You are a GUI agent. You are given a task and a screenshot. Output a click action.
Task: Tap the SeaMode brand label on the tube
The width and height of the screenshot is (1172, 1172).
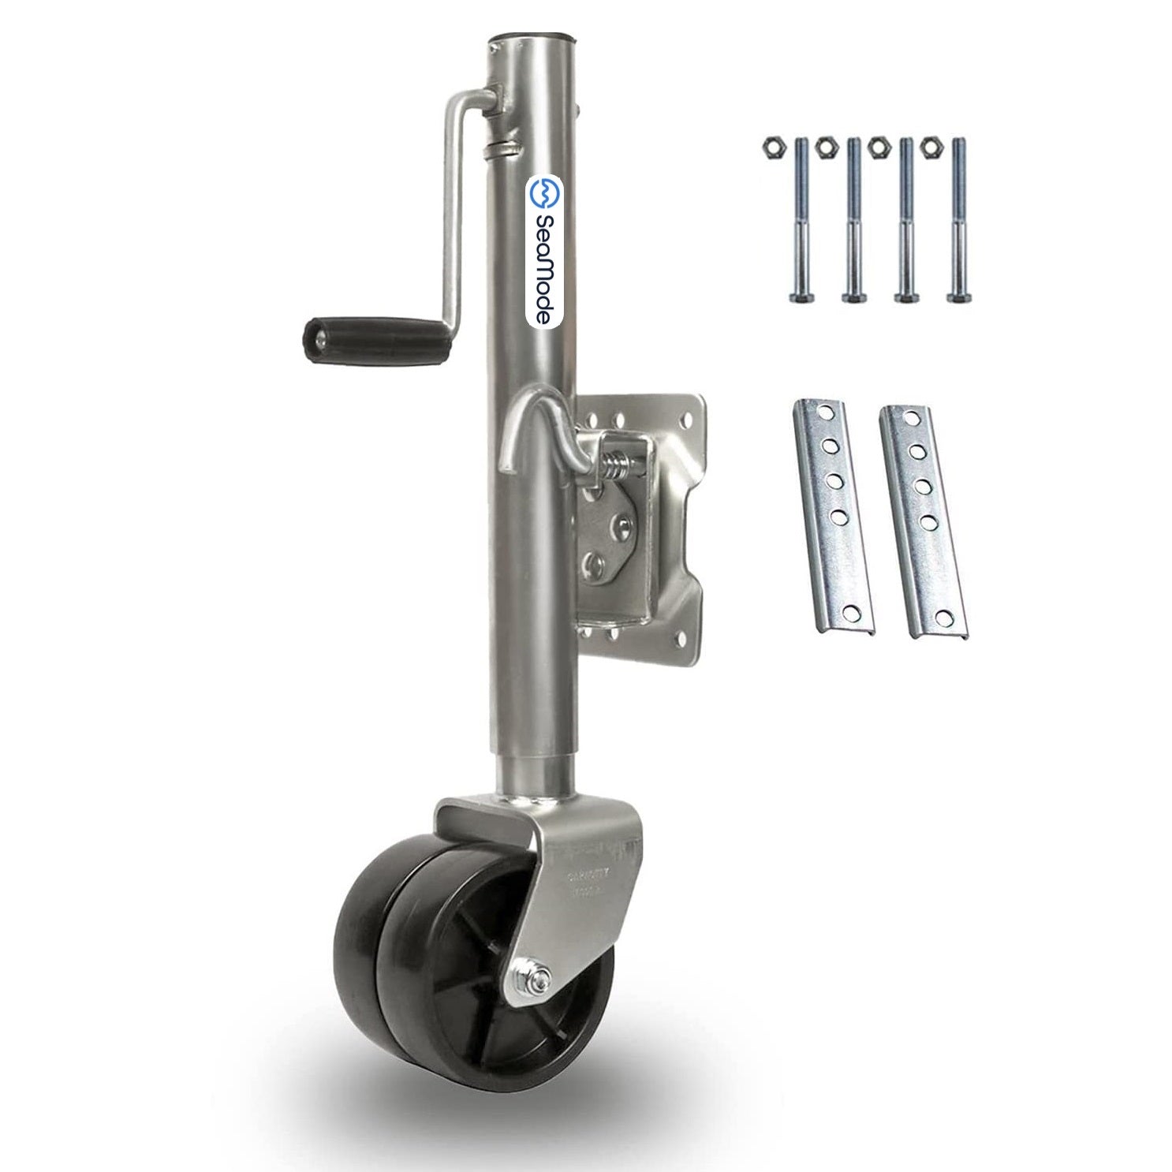pyautogui.click(x=542, y=252)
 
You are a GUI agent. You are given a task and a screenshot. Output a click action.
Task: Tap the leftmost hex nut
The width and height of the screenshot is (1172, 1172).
pyautogui.click(x=772, y=146)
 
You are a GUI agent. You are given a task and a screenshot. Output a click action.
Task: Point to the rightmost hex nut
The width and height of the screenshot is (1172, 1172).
pyautogui.click(x=931, y=146)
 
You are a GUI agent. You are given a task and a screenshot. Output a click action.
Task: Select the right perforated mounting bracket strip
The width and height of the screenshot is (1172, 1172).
pyautogui.click(x=922, y=521)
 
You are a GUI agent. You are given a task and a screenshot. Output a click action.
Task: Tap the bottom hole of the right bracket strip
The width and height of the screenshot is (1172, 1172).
pyautogui.click(x=942, y=617)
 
